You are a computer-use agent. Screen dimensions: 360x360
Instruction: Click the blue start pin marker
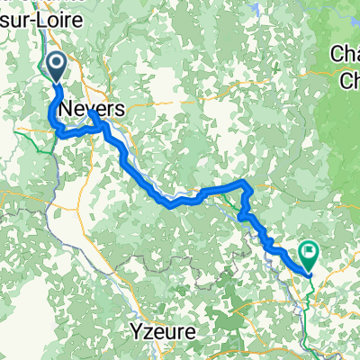[x=55, y=67]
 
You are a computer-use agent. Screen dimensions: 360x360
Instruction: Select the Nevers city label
[x=87, y=108]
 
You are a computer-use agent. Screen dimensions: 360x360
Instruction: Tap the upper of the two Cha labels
[x=345, y=54]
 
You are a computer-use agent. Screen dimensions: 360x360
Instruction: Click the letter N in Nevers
[x=66, y=108]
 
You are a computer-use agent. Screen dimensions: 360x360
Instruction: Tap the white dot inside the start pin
[x=55, y=63]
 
